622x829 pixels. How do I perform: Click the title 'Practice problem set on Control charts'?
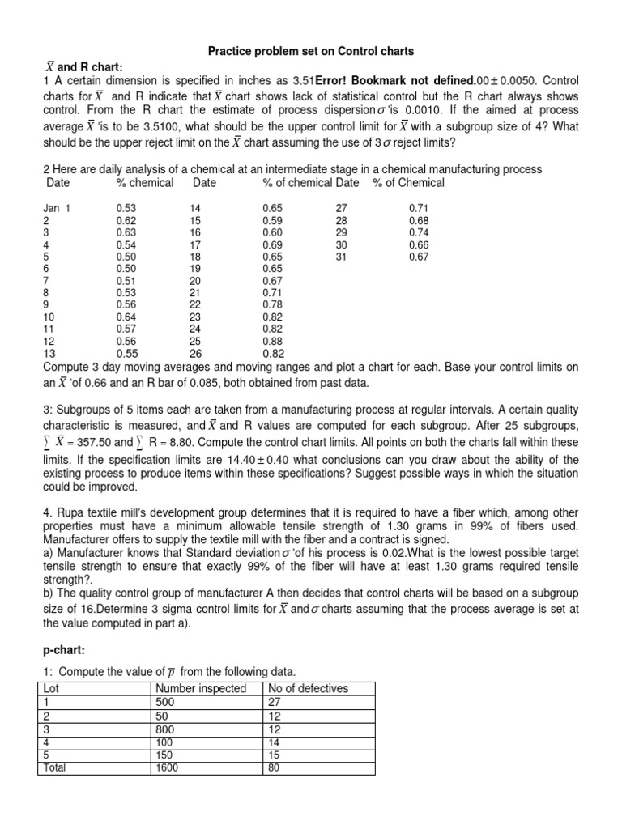point(311,51)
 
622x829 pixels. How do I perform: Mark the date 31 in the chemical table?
point(341,257)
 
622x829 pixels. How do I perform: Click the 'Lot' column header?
point(52,689)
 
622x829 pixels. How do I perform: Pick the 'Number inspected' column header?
point(200,689)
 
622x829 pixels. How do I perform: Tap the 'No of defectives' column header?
point(308,689)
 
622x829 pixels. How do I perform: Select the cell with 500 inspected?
point(165,702)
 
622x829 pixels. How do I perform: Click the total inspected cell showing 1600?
point(168,767)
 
